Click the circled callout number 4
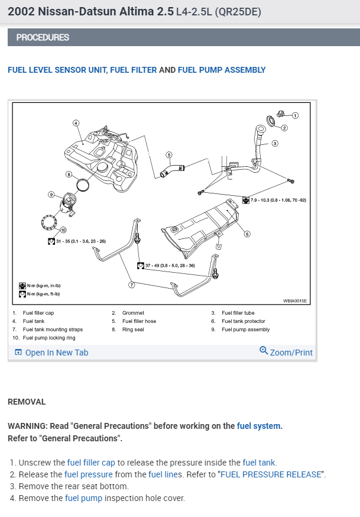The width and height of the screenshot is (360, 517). coord(76,123)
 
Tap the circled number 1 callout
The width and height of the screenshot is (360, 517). coord(296,115)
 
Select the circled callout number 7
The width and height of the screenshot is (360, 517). coord(132,285)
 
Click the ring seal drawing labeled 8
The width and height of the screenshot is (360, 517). coord(85,184)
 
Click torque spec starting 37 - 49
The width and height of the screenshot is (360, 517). coord(170,265)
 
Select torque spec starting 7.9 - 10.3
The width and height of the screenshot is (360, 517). coord(278,200)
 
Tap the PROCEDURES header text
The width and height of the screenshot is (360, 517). coord(43,37)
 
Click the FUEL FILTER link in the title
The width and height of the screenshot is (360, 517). coord(134,70)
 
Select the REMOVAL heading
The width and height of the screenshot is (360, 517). coord(27,402)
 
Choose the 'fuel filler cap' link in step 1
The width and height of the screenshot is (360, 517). coord(91,463)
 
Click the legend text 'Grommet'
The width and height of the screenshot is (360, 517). coord(133,313)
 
